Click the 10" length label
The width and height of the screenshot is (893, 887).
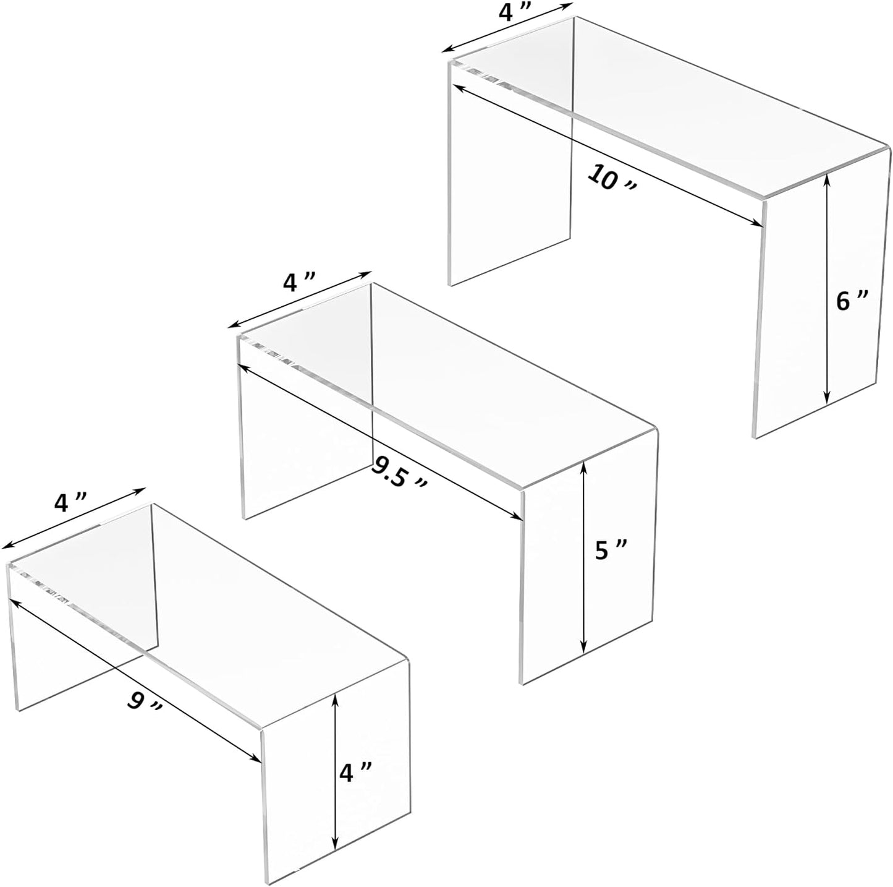[x=611, y=180]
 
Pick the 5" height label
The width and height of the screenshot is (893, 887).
[x=612, y=549]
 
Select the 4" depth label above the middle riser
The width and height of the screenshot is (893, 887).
[x=298, y=283]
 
